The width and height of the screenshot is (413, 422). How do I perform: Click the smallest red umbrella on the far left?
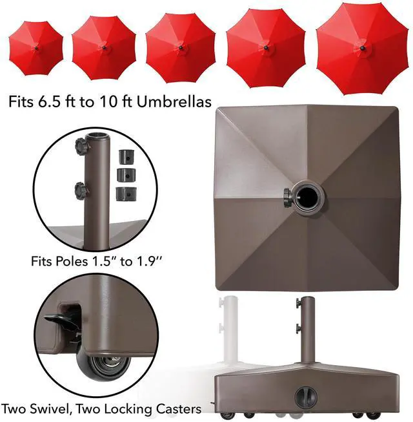[37, 48]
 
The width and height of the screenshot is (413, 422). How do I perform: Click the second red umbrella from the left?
[103, 48]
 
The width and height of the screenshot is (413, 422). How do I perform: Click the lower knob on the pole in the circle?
[81, 191]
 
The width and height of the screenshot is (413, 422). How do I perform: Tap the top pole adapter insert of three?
[123, 158]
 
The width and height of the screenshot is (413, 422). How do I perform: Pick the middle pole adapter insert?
[123, 174]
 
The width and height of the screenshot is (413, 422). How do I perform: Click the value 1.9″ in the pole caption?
[147, 262]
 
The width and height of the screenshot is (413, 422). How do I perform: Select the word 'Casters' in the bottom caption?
[175, 409]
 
